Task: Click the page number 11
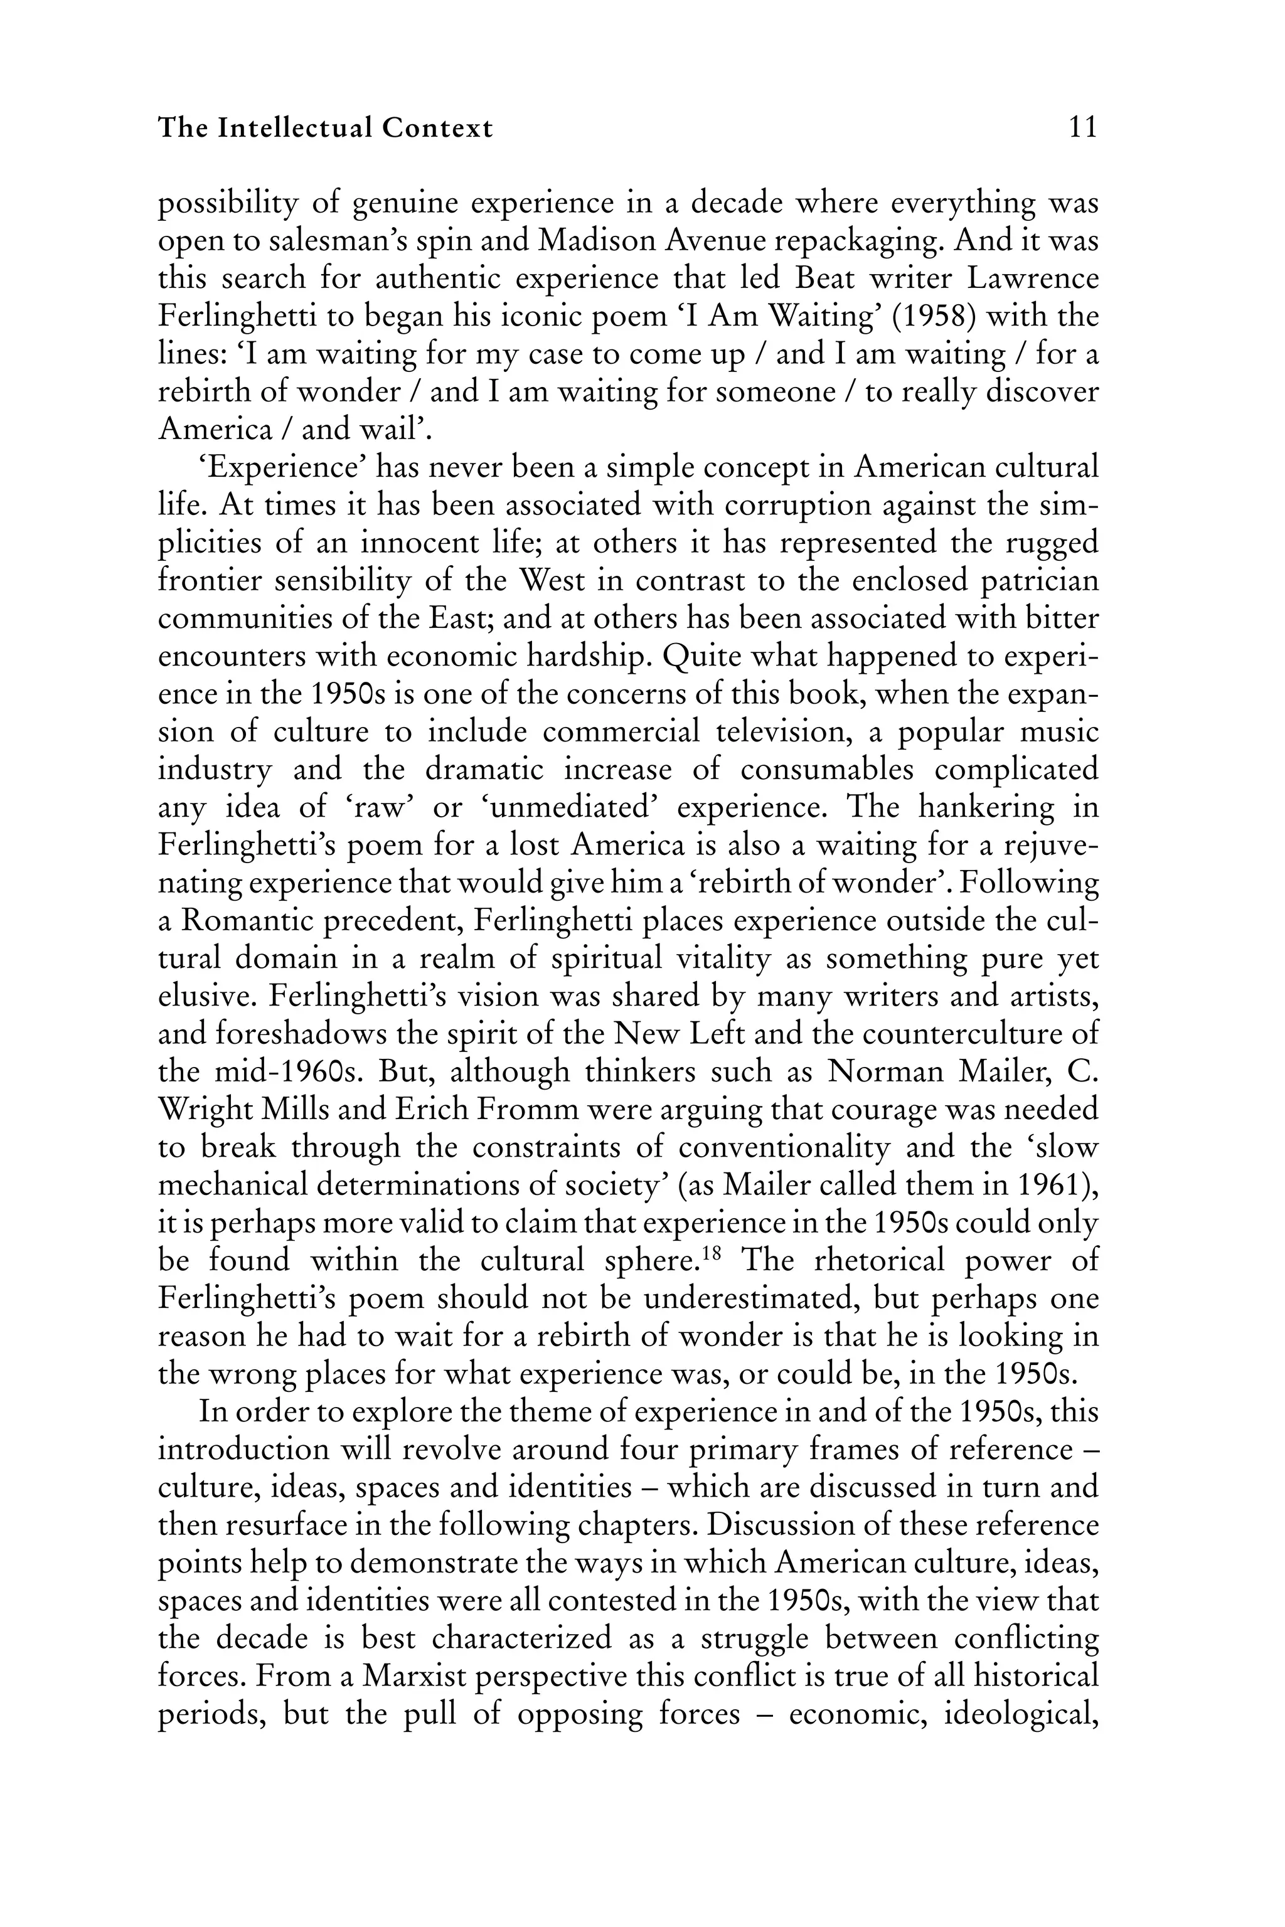click(x=1082, y=128)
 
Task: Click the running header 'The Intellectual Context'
click(x=326, y=128)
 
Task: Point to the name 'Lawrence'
click(x=1033, y=279)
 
